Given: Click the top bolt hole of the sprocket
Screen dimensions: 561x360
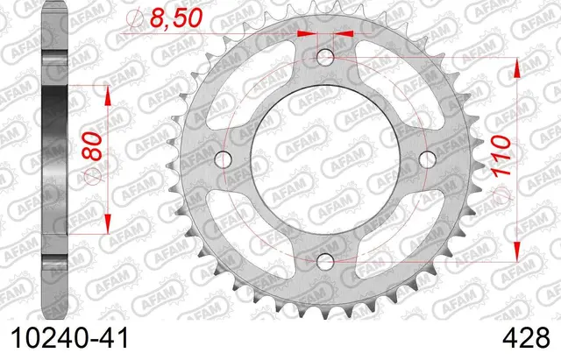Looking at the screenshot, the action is click(325, 57).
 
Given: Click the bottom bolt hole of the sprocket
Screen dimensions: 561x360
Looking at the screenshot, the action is click(325, 261).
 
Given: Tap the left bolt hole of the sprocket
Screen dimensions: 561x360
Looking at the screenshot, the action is click(224, 159).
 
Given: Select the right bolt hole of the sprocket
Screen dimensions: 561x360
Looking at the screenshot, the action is click(427, 159).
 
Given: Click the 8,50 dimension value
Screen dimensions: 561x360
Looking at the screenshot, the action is click(176, 18).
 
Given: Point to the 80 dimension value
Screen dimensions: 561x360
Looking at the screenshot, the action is click(92, 146).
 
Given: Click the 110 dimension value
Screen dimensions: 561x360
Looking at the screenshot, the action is click(501, 156).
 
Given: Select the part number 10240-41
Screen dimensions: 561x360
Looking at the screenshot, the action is click(70, 338).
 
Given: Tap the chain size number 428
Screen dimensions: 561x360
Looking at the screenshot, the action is click(526, 338).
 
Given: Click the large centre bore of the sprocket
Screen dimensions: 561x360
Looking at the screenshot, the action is click(325, 159).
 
